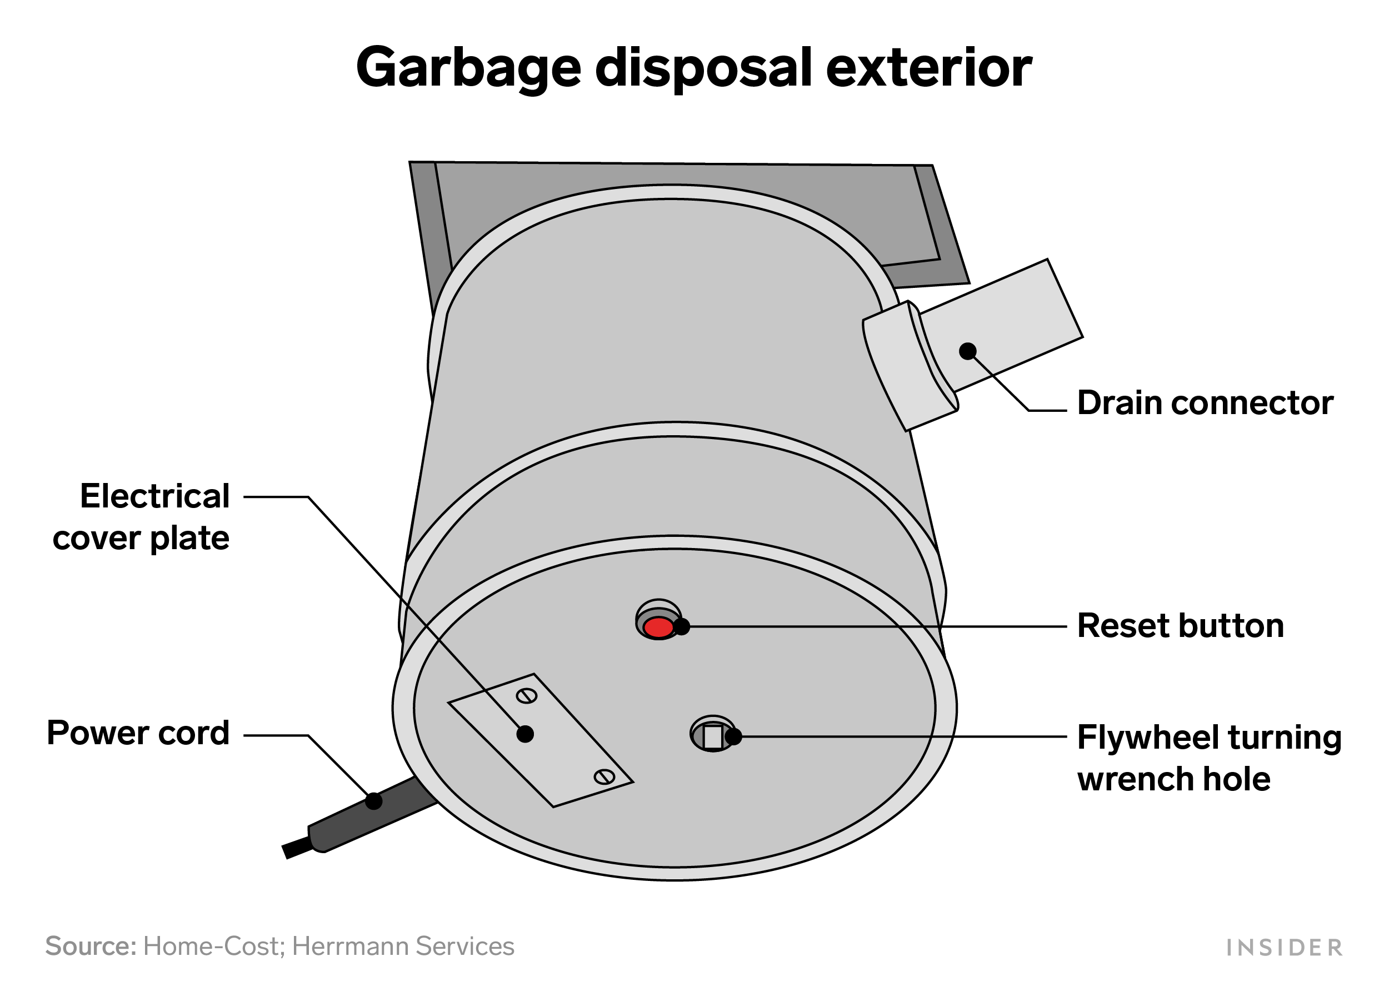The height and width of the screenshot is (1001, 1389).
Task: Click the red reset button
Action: (658, 628)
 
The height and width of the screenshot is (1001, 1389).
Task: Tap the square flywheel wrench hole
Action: (712, 737)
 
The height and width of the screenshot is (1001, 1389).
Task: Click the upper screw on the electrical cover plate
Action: (527, 696)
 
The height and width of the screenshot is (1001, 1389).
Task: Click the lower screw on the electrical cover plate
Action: (604, 778)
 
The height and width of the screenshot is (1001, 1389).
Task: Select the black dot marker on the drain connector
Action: (968, 351)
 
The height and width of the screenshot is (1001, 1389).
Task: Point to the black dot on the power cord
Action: (373, 801)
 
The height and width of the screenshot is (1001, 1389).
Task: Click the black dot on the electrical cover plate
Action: (525, 734)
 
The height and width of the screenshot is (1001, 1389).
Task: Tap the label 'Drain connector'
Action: (1205, 403)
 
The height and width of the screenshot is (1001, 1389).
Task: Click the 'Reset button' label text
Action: (1180, 626)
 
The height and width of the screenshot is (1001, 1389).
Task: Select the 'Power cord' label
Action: (138, 733)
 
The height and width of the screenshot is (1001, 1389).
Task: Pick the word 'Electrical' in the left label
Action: (155, 496)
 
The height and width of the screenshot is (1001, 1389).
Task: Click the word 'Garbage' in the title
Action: (468, 68)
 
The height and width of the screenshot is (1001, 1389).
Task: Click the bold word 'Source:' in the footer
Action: (91, 947)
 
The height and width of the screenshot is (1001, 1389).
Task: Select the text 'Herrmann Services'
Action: (403, 947)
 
